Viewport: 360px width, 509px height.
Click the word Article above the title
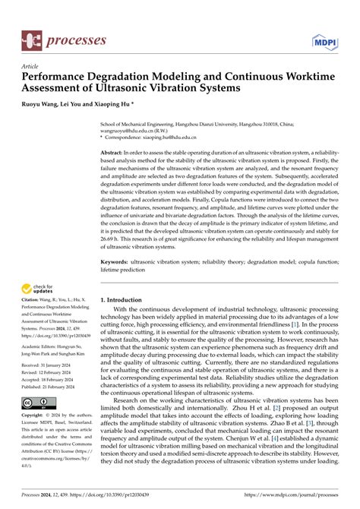(x=31, y=67)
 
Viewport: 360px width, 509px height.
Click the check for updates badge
(x=39, y=287)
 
